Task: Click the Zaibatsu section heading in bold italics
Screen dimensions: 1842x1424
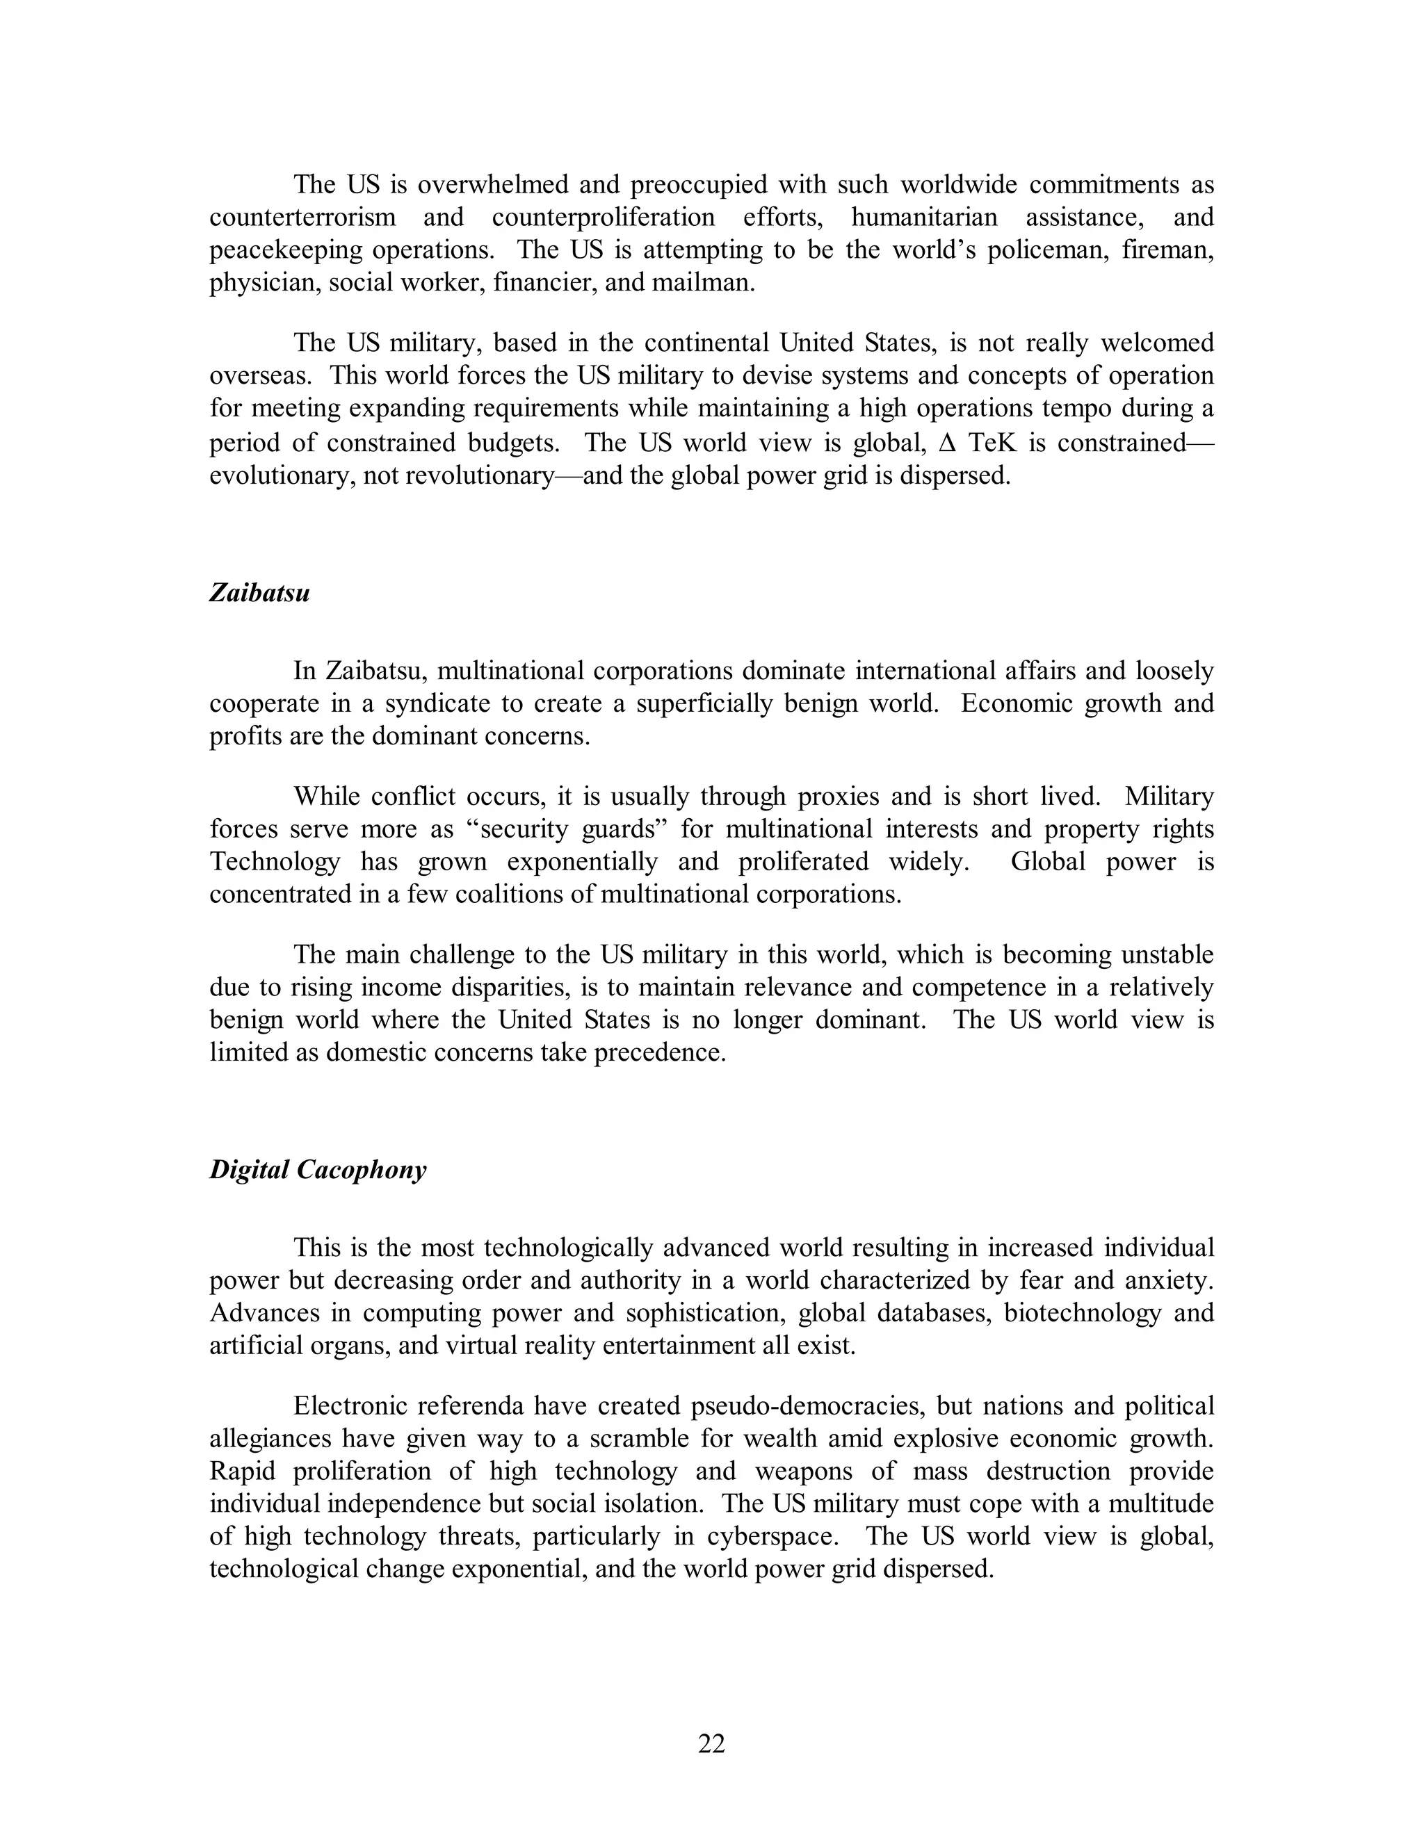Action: (259, 593)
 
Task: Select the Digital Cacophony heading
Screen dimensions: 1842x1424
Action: (318, 1170)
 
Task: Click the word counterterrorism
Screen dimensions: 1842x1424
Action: (302, 217)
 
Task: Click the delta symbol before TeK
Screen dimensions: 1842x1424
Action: (946, 443)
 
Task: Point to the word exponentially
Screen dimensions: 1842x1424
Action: (581, 861)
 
